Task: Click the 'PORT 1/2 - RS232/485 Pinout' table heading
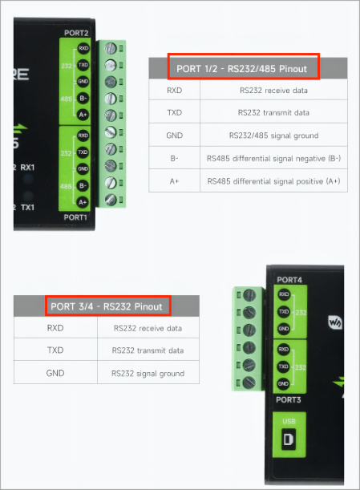tap(242, 69)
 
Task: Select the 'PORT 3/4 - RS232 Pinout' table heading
tap(107, 306)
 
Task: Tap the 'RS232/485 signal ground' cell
tap(273, 136)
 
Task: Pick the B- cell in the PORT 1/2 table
tap(174, 159)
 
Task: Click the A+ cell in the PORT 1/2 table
tap(174, 181)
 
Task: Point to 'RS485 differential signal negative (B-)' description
tap(273, 159)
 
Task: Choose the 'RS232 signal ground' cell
tap(148, 374)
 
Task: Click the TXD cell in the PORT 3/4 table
tap(55, 350)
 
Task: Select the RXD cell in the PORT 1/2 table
tap(174, 91)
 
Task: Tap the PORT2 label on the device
tap(76, 33)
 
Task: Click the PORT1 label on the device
tap(75, 217)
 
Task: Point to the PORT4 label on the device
tap(289, 280)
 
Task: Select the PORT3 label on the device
tap(289, 399)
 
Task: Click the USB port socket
tap(289, 439)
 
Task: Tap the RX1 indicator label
tap(27, 168)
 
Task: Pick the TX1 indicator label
tap(27, 208)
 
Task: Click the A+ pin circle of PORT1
tap(83, 202)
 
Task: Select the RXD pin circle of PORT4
tap(284, 294)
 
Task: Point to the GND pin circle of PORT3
tap(283, 384)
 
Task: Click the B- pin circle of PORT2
tap(83, 98)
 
